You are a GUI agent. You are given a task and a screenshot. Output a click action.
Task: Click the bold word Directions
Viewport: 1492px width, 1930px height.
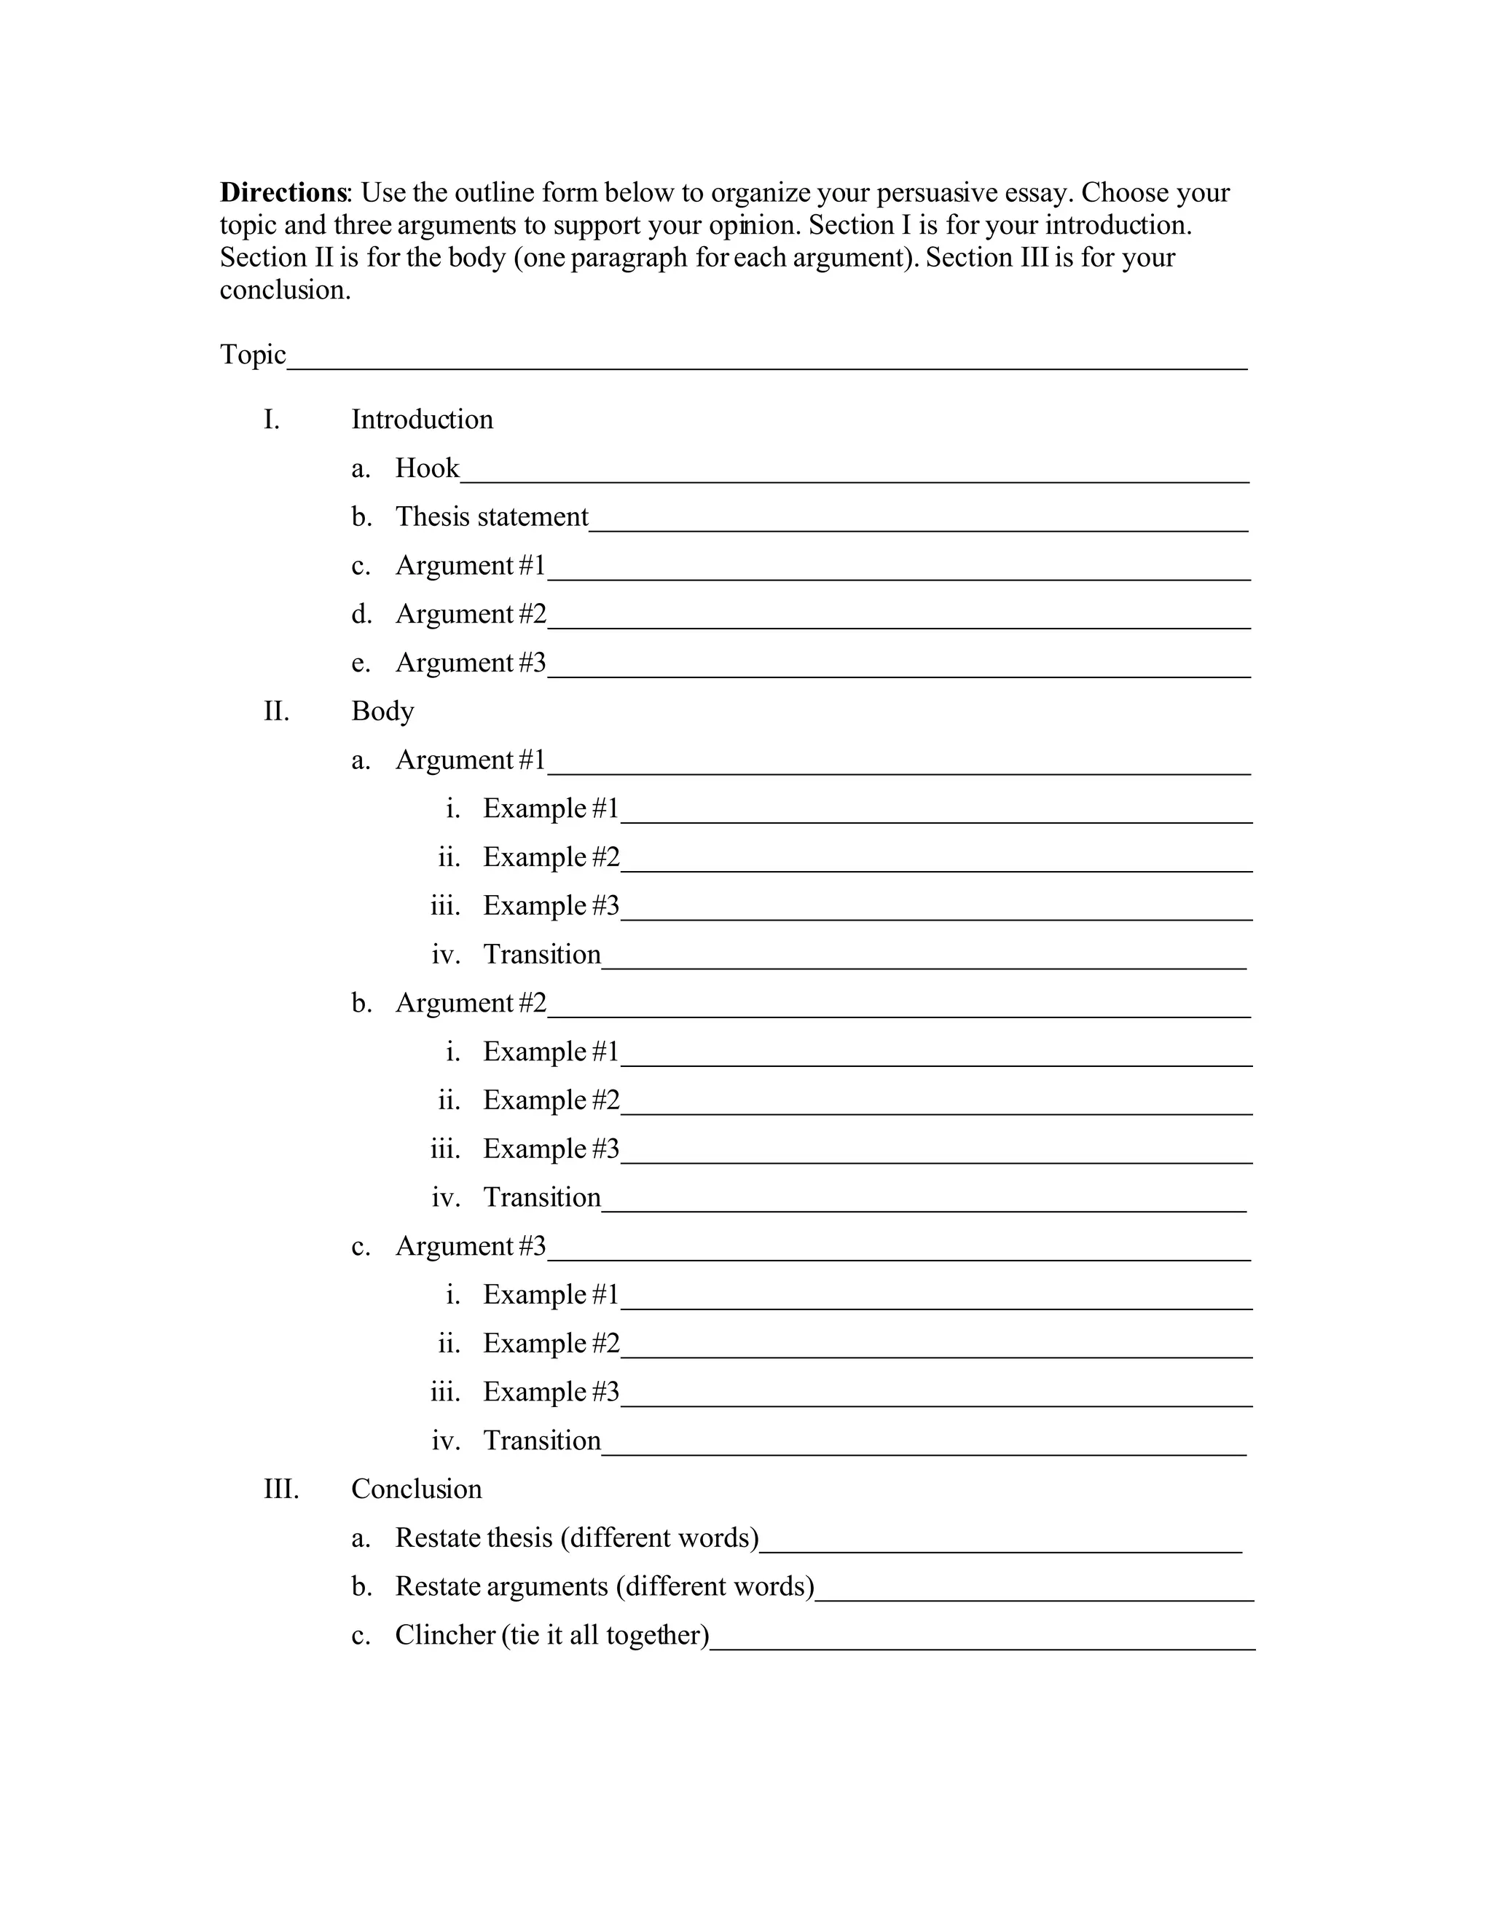[283, 193]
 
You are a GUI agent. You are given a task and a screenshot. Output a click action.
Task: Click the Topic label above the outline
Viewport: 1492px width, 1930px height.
[253, 355]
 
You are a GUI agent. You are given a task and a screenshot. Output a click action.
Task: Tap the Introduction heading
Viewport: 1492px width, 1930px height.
[422, 419]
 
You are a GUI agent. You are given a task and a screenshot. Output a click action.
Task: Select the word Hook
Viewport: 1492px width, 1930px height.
[427, 468]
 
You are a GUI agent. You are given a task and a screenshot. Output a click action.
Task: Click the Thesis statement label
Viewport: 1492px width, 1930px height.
[492, 516]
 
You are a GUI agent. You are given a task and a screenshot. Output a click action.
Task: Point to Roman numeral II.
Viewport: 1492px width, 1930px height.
[276, 711]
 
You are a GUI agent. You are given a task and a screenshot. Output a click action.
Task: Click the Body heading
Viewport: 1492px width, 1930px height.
[382, 711]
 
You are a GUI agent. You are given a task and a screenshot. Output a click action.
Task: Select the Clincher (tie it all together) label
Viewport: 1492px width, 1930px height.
[551, 1634]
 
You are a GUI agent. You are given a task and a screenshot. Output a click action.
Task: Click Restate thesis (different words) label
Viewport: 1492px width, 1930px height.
[576, 1537]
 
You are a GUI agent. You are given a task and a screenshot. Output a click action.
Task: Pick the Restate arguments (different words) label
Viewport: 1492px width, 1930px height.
[605, 1586]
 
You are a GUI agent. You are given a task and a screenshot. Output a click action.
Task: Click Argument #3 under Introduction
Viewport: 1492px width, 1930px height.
[470, 662]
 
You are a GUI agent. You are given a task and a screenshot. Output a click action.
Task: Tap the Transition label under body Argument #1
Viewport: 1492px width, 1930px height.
[542, 953]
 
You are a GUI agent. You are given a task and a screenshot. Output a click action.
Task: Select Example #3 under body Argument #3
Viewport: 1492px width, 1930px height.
[551, 1391]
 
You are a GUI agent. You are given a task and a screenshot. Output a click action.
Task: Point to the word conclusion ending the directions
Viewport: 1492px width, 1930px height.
[285, 290]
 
